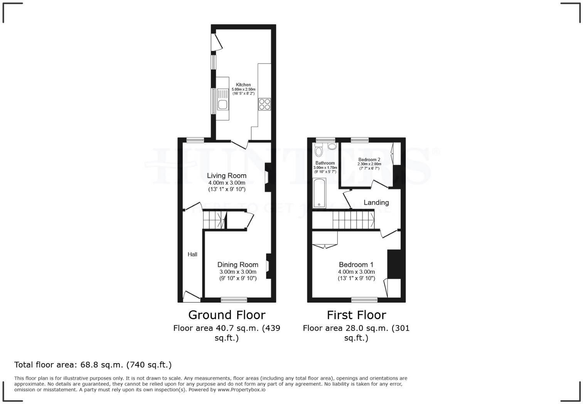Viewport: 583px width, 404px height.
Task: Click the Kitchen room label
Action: click(x=243, y=85)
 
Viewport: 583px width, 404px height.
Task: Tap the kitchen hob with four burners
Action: click(x=265, y=104)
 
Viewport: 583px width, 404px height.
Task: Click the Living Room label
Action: click(x=227, y=176)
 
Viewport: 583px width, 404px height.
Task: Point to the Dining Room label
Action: click(x=238, y=265)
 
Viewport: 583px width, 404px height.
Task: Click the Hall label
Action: click(x=192, y=254)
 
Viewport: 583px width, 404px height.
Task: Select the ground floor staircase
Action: click(x=214, y=220)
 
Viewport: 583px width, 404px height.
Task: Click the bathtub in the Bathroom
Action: click(x=320, y=193)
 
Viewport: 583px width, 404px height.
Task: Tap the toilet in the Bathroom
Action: click(x=318, y=151)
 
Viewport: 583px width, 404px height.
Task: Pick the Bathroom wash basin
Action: click(x=331, y=146)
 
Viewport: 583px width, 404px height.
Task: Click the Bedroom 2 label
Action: click(x=369, y=160)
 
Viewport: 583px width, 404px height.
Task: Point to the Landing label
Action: click(x=376, y=202)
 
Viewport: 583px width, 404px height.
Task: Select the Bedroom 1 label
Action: click(x=356, y=265)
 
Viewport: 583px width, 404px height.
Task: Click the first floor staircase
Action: click(x=353, y=220)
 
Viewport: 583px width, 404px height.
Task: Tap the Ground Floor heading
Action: click(x=227, y=315)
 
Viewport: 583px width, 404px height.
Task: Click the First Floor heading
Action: click(x=356, y=315)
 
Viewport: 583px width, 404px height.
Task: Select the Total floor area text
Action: click(x=93, y=365)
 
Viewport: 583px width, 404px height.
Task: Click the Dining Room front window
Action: click(x=234, y=300)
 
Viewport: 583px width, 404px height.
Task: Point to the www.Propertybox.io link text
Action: click(x=241, y=390)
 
